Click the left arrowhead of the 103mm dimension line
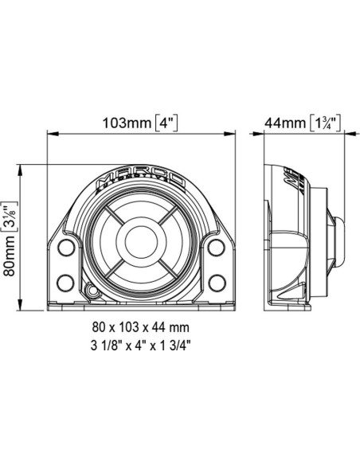pos(54,135)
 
